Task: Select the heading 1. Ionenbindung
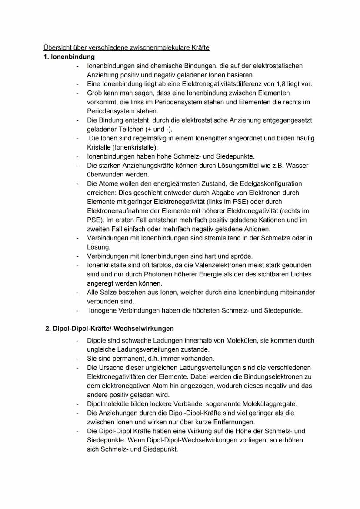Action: [69, 57]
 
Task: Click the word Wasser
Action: [298, 166]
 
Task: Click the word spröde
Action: [242, 256]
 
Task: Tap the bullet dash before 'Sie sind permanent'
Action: [77, 359]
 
